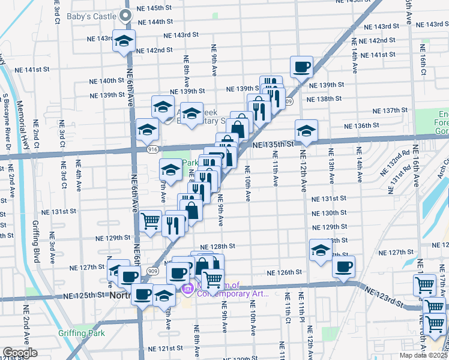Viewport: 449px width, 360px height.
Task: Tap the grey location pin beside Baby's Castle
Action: click(x=126, y=16)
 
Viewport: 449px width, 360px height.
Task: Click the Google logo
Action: click(x=20, y=353)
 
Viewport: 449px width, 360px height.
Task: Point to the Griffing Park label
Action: click(x=81, y=333)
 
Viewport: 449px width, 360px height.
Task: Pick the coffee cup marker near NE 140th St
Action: click(x=301, y=67)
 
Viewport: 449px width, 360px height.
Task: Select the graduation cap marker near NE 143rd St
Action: click(x=124, y=41)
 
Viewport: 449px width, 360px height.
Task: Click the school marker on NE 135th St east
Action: click(x=306, y=131)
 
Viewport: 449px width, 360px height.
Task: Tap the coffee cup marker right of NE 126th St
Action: click(x=343, y=267)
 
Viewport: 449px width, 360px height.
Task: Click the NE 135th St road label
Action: click(x=273, y=145)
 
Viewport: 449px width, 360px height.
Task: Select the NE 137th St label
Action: click(x=390, y=111)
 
